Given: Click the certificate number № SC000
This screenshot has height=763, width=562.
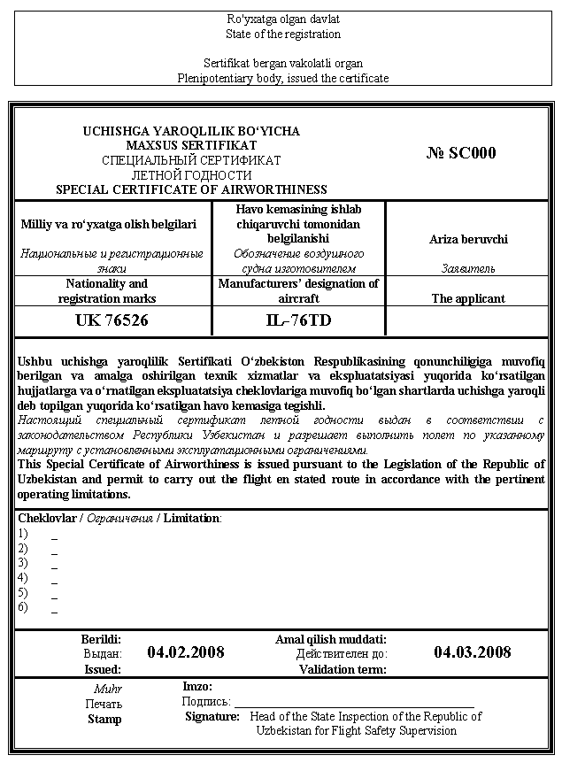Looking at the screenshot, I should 461,153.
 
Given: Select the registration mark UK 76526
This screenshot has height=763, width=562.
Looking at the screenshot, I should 113,320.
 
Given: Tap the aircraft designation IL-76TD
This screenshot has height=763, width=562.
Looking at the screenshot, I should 298,320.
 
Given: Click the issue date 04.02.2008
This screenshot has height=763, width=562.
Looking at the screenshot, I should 186,652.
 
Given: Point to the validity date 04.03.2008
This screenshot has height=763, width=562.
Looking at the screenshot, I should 472,652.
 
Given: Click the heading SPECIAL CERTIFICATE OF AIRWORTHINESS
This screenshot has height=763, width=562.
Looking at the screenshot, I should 191,189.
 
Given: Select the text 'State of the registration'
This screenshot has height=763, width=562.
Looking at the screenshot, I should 283,35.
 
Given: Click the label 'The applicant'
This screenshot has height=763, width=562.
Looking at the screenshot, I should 468,299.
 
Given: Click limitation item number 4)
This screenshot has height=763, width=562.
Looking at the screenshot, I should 23,578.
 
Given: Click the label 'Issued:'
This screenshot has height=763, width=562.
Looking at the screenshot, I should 103,670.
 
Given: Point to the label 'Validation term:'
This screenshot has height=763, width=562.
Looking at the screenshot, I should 343,670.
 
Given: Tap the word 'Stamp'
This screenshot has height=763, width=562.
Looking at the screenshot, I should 104,720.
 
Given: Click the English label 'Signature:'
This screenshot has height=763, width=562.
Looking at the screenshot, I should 212,716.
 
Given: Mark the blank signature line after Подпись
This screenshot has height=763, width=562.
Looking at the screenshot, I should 354,702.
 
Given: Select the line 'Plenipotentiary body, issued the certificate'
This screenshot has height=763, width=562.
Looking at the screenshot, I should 283,78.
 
